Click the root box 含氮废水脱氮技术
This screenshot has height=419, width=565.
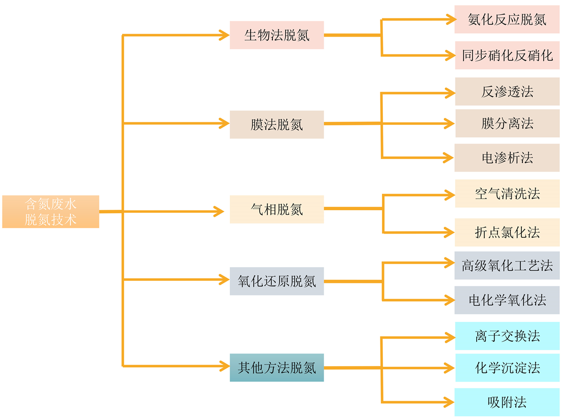(51, 211)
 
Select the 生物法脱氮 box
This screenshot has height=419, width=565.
(276, 35)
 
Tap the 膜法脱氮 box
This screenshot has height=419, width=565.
(276, 124)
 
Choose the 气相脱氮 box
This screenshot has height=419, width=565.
(276, 209)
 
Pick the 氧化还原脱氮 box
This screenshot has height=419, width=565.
(276, 281)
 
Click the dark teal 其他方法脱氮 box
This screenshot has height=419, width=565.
(276, 368)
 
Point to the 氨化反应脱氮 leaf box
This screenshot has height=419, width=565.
(507, 19)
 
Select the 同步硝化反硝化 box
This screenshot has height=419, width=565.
(507, 55)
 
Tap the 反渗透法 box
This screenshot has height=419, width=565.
(507, 91)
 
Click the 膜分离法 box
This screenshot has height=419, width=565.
(507, 123)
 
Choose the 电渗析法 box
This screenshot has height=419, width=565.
(507, 157)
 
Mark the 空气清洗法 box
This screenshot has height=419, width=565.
(507, 194)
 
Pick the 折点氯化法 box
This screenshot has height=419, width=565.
(507, 232)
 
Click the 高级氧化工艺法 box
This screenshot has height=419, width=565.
(507, 265)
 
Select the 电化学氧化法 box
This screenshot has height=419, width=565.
(507, 300)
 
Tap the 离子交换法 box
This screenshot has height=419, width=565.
(507, 336)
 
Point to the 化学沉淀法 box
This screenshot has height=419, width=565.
(507, 368)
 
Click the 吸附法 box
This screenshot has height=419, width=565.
(507, 402)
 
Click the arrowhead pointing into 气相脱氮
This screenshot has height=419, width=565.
(220, 211)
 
